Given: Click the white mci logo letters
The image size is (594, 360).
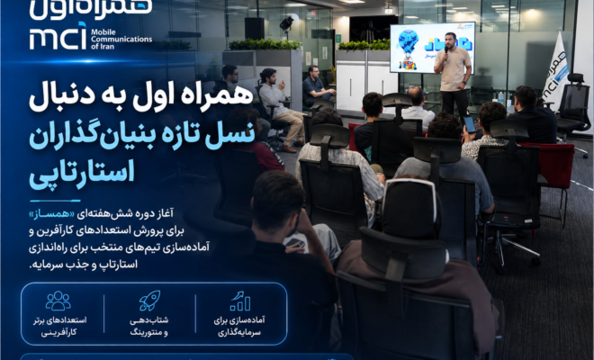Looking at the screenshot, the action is pyautogui.click(x=58, y=36).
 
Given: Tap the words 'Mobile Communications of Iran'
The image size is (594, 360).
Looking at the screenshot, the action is pyautogui.click(x=121, y=39).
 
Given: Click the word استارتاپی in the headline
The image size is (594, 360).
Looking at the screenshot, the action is pyautogui.click(x=82, y=172).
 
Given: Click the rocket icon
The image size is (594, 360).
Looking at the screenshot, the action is pyautogui.click(x=149, y=301).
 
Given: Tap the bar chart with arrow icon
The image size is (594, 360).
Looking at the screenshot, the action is pyautogui.click(x=239, y=301).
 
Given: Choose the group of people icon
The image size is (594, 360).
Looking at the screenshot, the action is pyautogui.click(x=58, y=301).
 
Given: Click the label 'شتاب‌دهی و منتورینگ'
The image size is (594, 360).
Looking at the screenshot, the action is pyautogui.click(x=149, y=327).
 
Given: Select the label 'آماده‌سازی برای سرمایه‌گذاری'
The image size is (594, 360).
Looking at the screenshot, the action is pyautogui.click(x=239, y=327).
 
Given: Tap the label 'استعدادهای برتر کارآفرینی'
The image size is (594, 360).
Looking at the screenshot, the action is pyautogui.click(x=59, y=327).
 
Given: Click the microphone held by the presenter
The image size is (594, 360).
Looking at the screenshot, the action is pyautogui.click(x=446, y=50).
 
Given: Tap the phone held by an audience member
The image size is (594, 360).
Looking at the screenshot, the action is pyautogui.click(x=470, y=124).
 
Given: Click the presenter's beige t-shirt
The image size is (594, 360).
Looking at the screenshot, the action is pyautogui.click(x=453, y=69).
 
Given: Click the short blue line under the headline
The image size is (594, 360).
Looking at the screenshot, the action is pyautogui.click(x=55, y=201).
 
